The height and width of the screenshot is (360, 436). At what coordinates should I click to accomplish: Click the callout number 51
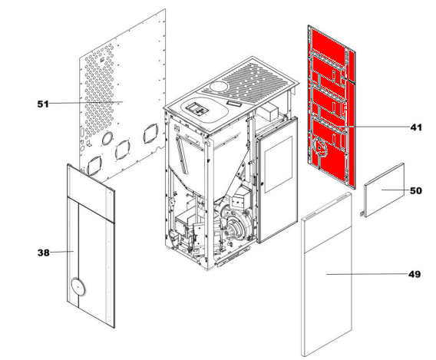pyautogui.click(x=43, y=104)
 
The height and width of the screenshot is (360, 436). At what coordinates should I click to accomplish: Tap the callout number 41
pyautogui.click(x=416, y=127)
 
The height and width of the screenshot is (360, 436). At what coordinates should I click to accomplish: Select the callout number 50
pyautogui.click(x=416, y=190)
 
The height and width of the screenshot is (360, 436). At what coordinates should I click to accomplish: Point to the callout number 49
pyautogui.click(x=415, y=274)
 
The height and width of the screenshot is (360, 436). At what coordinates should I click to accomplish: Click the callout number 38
pyautogui.click(x=44, y=253)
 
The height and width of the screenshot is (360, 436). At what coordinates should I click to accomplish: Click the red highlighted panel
pyautogui.click(x=331, y=106)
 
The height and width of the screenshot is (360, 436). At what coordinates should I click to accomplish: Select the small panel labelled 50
pyautogui.click(x=385, y=190)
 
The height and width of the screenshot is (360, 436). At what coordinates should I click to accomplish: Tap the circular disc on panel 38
pyautogui.click(x=78, y=287)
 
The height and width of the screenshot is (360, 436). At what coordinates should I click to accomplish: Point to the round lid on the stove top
pyautogui.click(x=219, y=87)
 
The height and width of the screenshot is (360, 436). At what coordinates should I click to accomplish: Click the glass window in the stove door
pyautogui.click(x=279, y=164)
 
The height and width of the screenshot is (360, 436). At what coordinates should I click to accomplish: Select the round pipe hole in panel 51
pyautogui.click(x=107, y=138)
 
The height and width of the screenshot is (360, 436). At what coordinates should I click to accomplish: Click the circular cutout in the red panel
pyautogui.click(x=320, y=147)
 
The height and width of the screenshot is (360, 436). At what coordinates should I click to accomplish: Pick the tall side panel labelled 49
pyautogui.click(x=327, y=274)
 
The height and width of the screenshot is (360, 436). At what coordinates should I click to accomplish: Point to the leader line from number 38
pyautogui.click(x=61, y=252)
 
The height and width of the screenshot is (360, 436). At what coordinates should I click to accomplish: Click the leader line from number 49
pyautogui.click(x=367, y=274)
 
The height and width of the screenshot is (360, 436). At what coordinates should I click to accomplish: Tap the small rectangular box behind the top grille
pyautogui.click(x=268, y=111)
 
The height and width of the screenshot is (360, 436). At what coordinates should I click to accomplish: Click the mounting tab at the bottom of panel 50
pyautogui.click(x=362, y=214)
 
